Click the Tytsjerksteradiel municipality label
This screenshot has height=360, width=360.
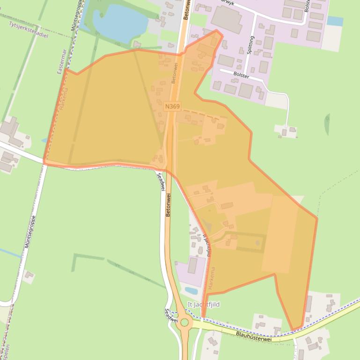point(28,29)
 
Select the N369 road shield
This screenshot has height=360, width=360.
point(172,107)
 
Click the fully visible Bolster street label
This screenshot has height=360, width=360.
point(241,75)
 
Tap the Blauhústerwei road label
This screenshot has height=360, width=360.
point(253,336)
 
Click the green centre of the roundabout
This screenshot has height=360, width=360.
point(184,322)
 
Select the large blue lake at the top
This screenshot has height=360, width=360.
point(120,21)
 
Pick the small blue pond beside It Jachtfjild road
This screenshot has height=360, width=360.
point(191,290)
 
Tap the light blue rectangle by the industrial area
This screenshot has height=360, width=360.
point(335,21)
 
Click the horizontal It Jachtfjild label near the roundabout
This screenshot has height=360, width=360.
point(203,304)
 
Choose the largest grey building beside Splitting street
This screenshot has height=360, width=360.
point(227,19)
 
